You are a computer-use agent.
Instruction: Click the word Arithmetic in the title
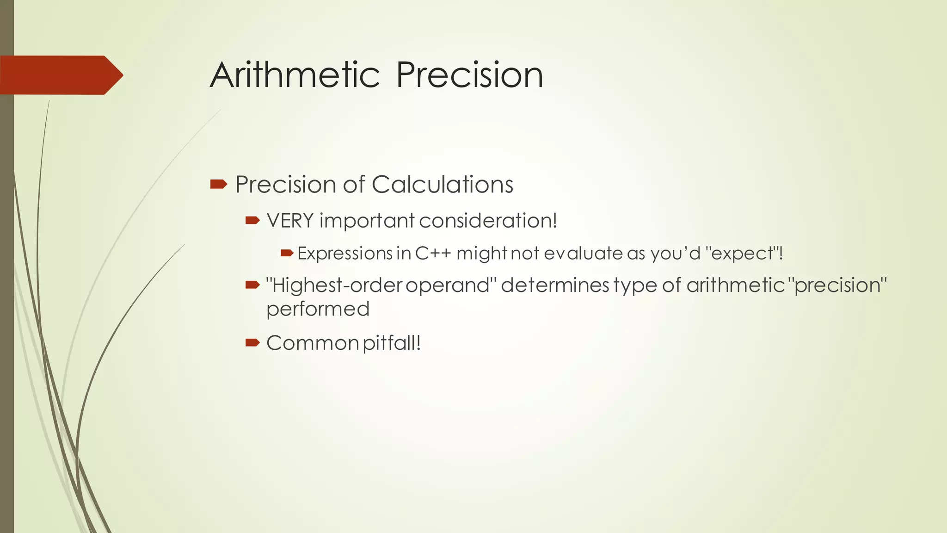295,75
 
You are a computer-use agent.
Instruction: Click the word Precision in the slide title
469,75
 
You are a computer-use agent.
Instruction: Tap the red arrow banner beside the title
60,75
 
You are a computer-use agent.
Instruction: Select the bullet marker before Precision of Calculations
218,185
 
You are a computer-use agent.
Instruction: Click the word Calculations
442,185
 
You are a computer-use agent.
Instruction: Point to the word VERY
290,221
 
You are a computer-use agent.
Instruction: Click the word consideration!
488,221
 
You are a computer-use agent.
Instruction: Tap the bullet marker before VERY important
252,221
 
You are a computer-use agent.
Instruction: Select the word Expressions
345,254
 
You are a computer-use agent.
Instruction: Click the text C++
433,254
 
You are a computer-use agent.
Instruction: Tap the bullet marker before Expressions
287,253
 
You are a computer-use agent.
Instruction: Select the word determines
555,285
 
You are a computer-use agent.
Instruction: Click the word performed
318,309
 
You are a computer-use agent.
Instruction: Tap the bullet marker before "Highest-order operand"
252,285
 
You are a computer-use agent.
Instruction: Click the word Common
313,343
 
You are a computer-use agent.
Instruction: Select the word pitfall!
392,343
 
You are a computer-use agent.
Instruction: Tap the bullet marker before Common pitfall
252,343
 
